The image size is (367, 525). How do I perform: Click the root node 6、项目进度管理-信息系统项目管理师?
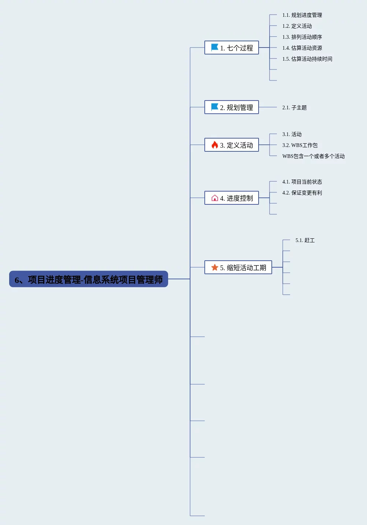click(x=89, y=279)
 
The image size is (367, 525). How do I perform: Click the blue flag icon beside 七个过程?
click(x=215, y=48)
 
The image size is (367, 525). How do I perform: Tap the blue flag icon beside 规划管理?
click(x=215, y=107)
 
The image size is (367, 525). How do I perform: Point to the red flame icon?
click(x=215, y=145)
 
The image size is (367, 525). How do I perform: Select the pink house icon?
click(x=215, y=198)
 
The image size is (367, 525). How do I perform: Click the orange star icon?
click(x=215, y=268)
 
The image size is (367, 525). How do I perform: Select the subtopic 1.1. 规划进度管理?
click(x=302, y=15)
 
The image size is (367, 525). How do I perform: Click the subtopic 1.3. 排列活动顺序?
click(x=302, y=37)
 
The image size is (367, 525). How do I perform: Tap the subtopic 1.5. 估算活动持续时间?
click(x=307, y=59)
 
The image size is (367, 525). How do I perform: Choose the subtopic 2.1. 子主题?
click(x=294, y=107)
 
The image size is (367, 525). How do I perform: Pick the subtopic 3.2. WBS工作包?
click(x=300, y=145)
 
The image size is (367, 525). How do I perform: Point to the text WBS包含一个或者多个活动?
click(x=314, y=156)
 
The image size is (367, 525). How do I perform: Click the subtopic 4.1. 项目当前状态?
click(x=302, y=182)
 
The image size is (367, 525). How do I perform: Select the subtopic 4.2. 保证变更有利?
click(x=302, y=193)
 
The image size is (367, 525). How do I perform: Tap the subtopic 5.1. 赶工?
click(x=305, y=240)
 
